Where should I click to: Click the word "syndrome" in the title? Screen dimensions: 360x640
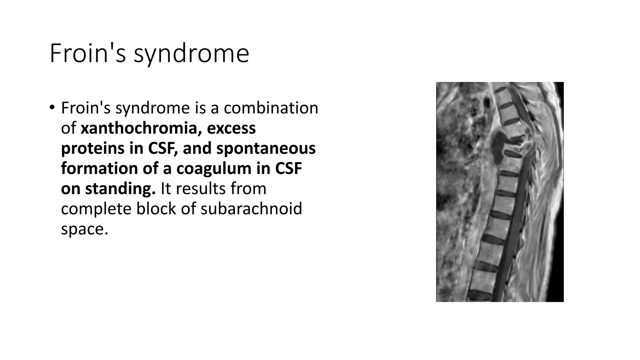191,54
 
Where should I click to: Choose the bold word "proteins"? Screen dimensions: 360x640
92,148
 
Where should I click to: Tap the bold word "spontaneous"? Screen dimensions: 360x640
266,148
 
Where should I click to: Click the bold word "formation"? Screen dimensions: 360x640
99,168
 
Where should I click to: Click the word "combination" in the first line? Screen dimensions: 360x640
271,108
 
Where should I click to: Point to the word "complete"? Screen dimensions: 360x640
96,209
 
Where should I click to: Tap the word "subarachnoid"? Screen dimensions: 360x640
251,209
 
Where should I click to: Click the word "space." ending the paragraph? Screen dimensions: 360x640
84,229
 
